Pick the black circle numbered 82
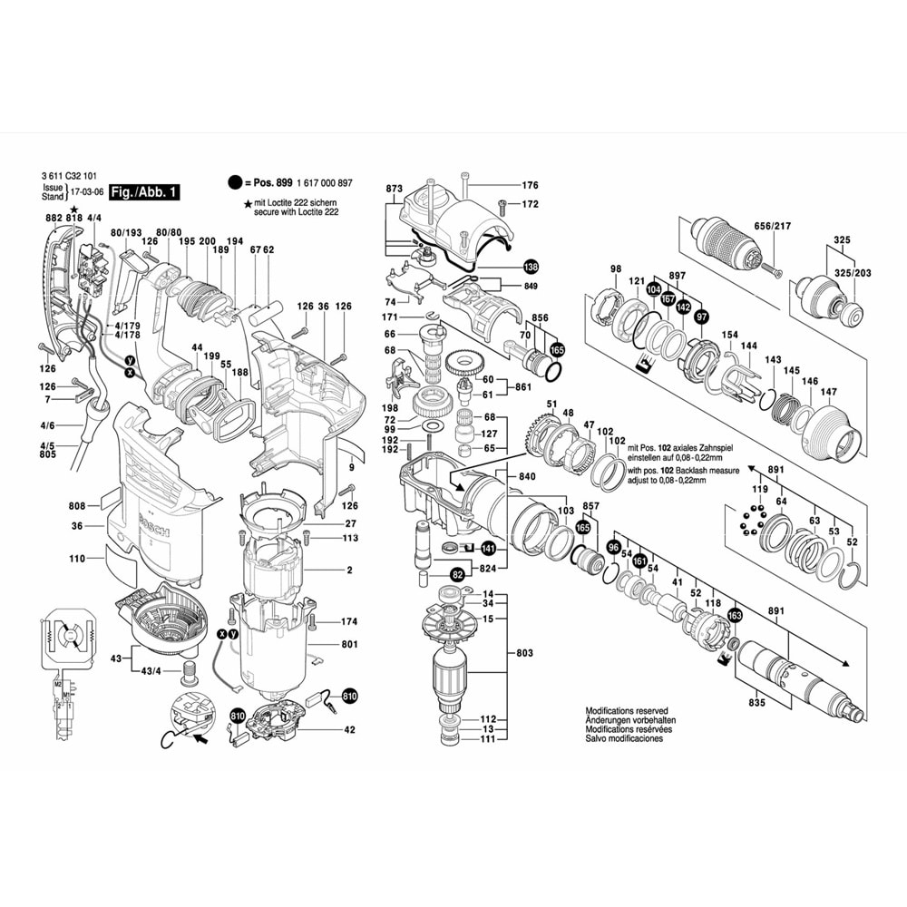point(457,574)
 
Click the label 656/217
point(773,225)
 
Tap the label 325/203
point(853,272)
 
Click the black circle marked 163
point(734,615)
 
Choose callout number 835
point(757,703)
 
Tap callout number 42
point(350,730)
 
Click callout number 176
point(530,186)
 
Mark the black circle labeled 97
point(701,317)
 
